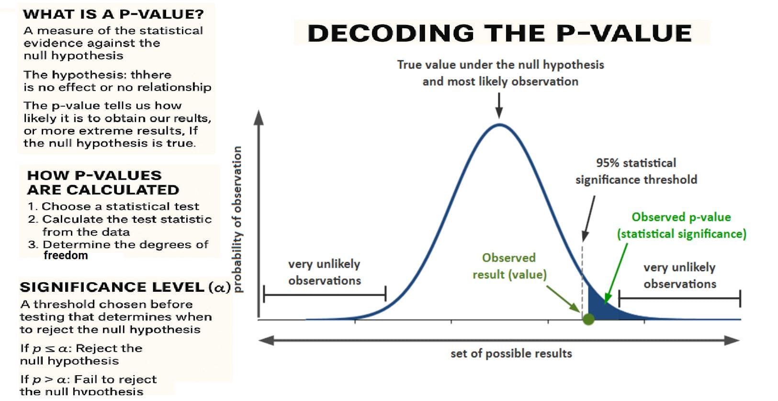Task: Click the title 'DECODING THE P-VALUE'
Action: (x=499, y=33)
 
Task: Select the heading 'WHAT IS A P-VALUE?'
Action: (x=113, y=14)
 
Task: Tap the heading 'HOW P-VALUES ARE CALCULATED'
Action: (x=103, y=183)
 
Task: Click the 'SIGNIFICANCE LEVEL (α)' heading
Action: (x=125, y=287)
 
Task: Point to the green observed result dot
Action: (x=588, y=319)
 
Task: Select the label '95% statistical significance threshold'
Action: (x=636, y=171)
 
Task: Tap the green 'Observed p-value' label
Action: (x=681, y=225)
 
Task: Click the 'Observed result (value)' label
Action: (x=509, y=266)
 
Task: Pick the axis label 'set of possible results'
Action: (x=511, y=354)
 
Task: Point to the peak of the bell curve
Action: (x=499, y=125)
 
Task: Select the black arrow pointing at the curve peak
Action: (x=499, y=105)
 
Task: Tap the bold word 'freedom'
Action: (x=66, y=255)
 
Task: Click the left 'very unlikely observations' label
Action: (x=324, y=272)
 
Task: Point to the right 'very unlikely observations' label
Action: (x=679, y=275)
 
